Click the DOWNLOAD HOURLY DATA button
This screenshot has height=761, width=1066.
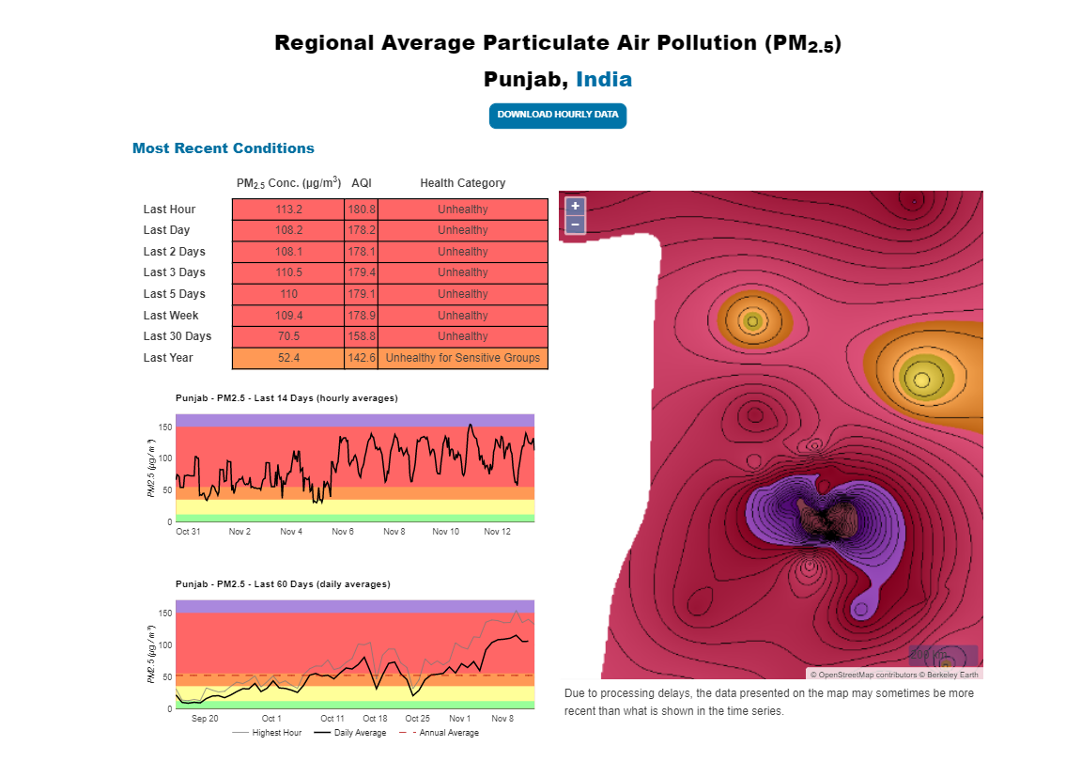coord(557,115)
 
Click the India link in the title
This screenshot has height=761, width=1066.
coord(604,79)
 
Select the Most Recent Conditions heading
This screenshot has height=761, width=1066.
coord(224,148)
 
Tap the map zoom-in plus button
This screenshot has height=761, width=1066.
coord(575,206)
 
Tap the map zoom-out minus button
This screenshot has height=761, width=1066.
coord(575,225)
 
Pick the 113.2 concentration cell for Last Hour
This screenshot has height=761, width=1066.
coord(288,210)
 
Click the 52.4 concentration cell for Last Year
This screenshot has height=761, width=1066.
coord(288,358)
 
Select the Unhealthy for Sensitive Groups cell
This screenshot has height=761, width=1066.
coord(462,358)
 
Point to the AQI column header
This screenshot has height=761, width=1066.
coord(362,183)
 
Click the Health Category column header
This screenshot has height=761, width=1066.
coord(462,183)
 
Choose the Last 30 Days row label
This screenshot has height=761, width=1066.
coord(178,336)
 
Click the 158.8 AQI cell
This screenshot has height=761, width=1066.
coord(362,336)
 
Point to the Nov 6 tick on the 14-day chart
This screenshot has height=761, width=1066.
coord(343,532)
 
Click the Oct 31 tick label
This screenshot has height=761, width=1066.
coord(188,532)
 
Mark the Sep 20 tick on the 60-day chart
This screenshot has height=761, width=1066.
coord(205,719)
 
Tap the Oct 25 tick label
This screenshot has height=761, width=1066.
coord(418,719)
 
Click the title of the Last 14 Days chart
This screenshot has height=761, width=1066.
coord(286,398)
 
